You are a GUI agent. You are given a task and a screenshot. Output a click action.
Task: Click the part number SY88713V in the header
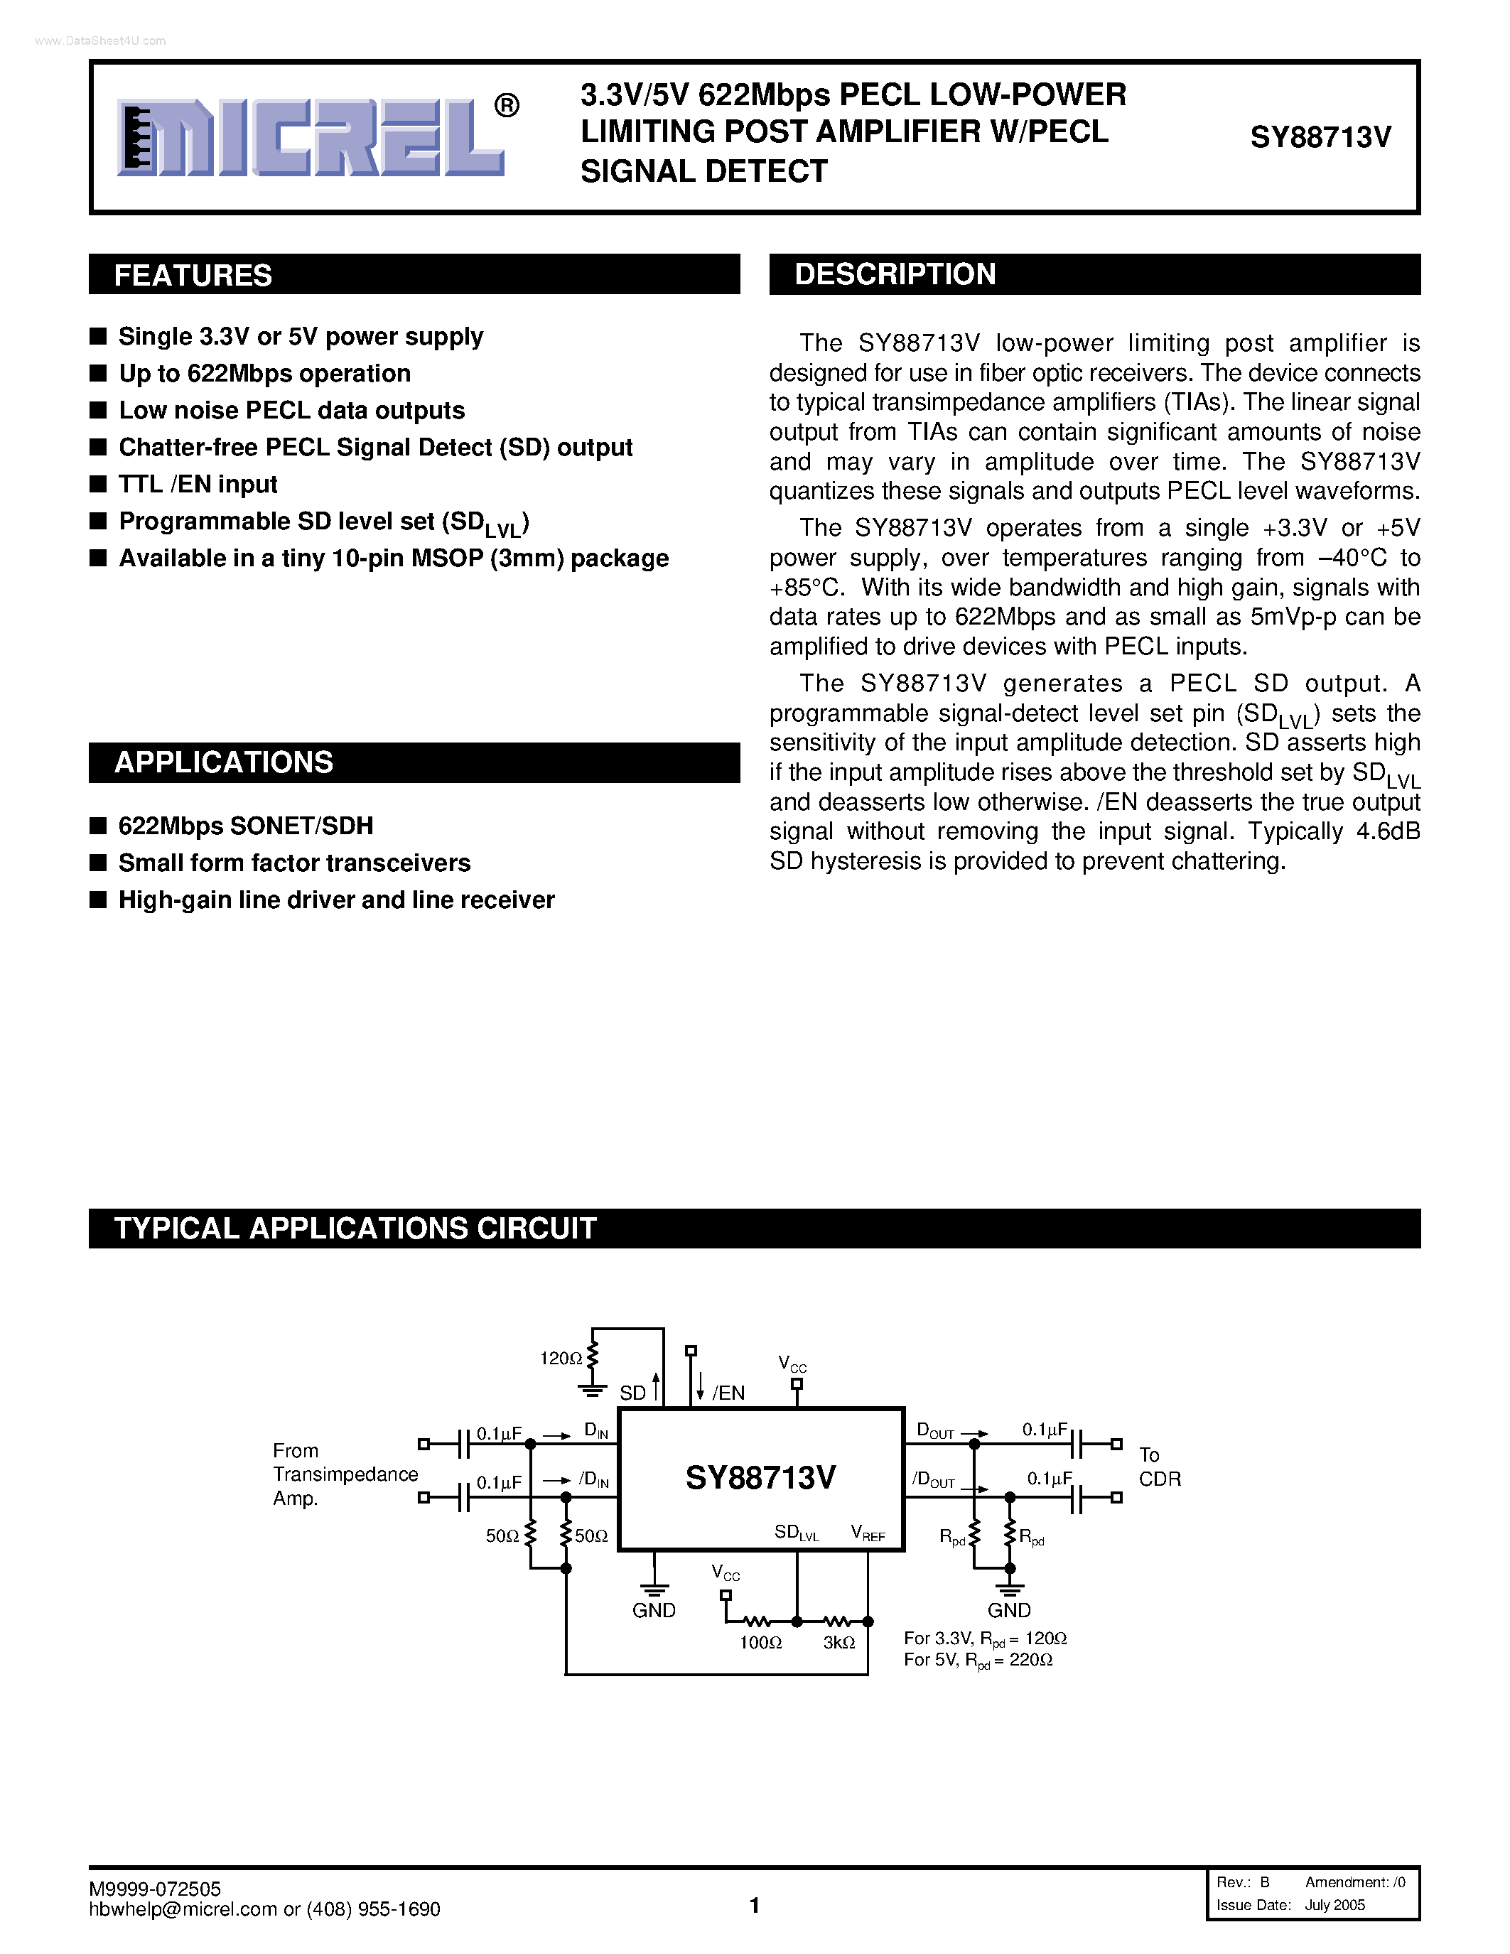pos(1320,137)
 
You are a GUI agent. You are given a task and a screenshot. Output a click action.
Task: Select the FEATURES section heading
pos(193,276)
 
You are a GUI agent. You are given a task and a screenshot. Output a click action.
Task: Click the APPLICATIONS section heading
pos(224,762)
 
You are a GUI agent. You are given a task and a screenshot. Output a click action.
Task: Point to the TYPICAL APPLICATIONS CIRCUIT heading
pos(355,1229)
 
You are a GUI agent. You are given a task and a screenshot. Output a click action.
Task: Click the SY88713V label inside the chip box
pos(760,1477)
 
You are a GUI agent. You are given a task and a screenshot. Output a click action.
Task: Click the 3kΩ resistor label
pos(839,1643)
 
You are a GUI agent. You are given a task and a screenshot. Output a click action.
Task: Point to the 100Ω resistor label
pos(760,1643)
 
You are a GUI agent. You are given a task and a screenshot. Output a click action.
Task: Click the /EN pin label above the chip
pos(728,1393)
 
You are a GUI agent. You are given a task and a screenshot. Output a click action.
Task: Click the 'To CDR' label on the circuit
pos(1160,1467)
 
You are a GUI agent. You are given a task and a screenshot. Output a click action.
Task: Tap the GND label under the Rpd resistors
pos(1009,1610)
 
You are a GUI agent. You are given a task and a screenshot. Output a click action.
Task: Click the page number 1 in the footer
pos(754,1906)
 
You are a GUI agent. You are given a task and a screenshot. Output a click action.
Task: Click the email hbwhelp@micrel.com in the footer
pos(183,1909)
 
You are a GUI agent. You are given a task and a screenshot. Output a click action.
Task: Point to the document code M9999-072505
pos(155,1888)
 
